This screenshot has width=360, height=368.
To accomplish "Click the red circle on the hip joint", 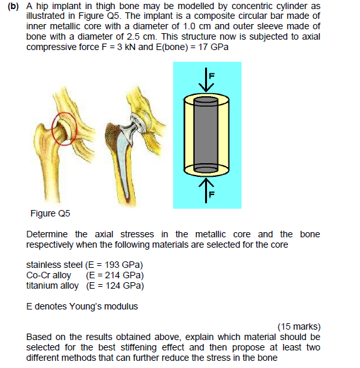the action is coord(63,126).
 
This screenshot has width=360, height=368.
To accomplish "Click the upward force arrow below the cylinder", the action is coord(207,190).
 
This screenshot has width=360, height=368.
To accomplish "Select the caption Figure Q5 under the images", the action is coord(50,213).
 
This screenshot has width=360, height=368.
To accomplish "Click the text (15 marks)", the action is coord(299,326).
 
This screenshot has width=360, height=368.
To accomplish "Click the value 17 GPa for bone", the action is coord(212,48).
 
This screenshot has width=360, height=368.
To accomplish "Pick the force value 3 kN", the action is coord(133,48).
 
